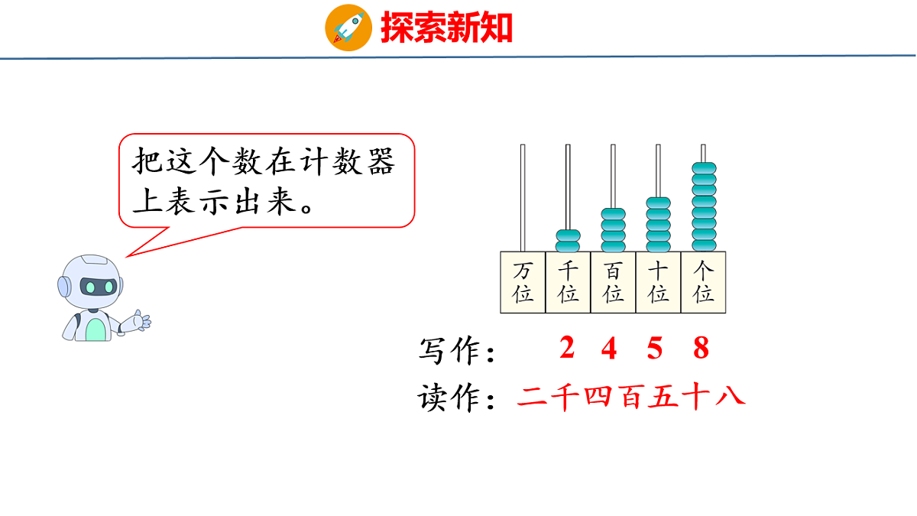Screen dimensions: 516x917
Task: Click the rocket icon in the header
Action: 348,28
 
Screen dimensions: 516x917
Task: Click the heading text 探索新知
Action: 446,28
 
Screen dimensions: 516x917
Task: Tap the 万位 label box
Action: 523,282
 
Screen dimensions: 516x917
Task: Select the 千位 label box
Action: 568,282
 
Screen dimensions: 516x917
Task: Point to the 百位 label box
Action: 613,282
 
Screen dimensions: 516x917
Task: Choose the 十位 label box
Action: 658,282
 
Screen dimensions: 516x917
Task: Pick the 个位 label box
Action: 703,282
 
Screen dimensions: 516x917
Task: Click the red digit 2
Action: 566,349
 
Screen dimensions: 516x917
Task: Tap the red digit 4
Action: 609,349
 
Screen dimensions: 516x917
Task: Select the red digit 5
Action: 655,349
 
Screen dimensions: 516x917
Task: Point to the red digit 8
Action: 701,349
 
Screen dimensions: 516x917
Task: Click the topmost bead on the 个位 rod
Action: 704,167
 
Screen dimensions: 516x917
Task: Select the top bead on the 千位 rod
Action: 568,235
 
